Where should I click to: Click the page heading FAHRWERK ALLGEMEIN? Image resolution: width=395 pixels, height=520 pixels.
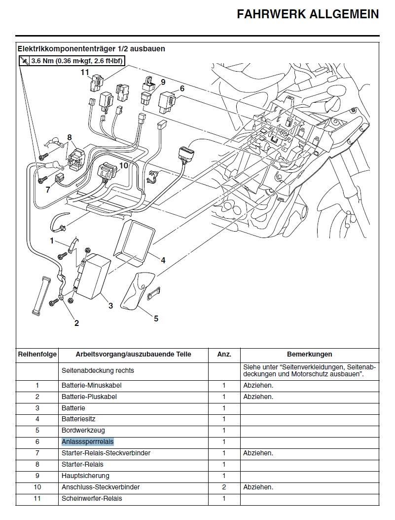(x=308, y=14)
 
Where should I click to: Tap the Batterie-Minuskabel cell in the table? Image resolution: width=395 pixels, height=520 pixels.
(x=91, y=385)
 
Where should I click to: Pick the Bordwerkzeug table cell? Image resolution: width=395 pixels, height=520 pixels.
(x=83, y=430)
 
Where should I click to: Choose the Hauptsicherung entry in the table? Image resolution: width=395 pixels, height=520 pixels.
(x=85, y=476)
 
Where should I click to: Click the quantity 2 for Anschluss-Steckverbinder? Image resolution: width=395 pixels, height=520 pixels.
(x=223, y=487)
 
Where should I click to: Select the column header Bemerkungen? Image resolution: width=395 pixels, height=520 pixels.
(x=309, y=354)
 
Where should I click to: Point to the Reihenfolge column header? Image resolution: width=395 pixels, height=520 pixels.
(x=37, y=354)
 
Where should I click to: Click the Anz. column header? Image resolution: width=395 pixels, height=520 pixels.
(x=223, y=354)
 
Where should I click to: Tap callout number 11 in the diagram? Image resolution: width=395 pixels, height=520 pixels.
(x=85, y=72)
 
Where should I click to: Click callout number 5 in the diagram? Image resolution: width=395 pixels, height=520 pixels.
(x=156, y=319)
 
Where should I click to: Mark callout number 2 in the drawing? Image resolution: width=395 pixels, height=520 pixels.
(x=76, y=323)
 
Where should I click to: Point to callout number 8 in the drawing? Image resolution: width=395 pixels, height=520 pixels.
(x=70, y=137)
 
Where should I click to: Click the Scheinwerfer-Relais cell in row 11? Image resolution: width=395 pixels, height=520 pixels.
(x=91, y=498)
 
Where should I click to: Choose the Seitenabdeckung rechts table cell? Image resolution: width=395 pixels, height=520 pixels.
(x=98, y=370)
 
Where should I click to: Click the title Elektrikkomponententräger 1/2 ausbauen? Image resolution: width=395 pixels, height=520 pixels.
(x=91, y=49)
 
